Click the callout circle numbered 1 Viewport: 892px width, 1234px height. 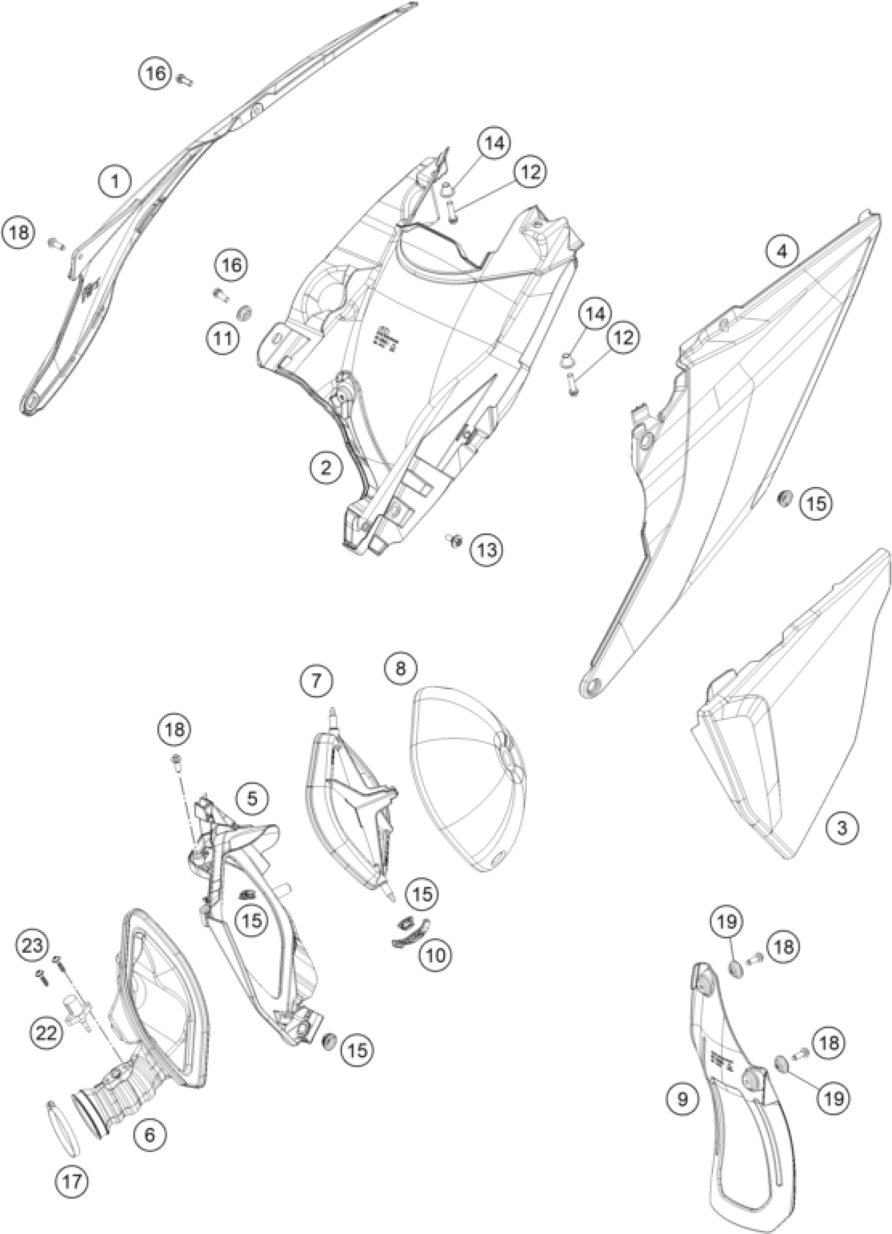tap(115, 181)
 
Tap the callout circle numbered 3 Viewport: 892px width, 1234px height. tap(842, 843)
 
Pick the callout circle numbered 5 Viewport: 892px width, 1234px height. tap(252, 797)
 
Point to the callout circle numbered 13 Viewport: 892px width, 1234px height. tap(486, 550)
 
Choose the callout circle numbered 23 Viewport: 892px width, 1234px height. tap(32, 943)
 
